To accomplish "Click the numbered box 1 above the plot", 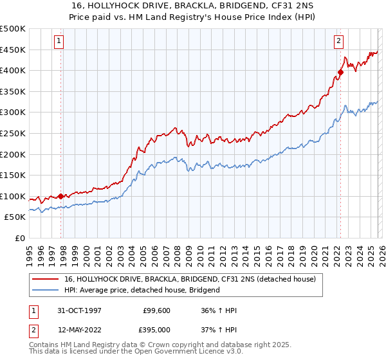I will tap(59, 41).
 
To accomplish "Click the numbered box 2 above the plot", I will tap(338, 41).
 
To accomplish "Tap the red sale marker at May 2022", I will tap(340, 72).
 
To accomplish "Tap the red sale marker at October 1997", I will tap(61, 196).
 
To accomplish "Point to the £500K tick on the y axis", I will tap(13, 29).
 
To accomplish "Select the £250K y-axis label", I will tap(13, 133).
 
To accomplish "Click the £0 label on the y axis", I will tap(20, 238).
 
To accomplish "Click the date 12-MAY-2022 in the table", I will tap(80, 330).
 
